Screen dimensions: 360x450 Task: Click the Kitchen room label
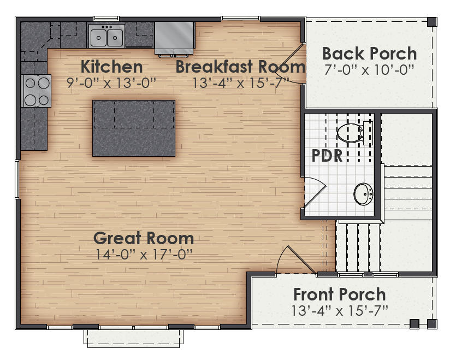click(x=111, y=67)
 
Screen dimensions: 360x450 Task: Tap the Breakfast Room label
click(x=240, y=67)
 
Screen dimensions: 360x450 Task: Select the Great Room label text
click(x=143, y=238)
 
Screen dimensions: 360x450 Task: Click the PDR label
click(x=327, y=156)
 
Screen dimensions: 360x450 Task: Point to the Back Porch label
click(x=369, y=54)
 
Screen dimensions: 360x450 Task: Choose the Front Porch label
click(x=339, y=294)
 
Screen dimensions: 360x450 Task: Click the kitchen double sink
click(x=106, y=37)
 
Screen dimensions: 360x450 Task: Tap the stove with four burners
click(x=36, y=91)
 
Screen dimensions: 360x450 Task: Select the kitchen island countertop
click(x=134, y=128)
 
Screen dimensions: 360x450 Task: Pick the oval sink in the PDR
click(x=363, y=194)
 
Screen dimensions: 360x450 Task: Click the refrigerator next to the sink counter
click(x=174, y=37)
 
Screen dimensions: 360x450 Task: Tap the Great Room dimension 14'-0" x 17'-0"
click(x=143, y=254)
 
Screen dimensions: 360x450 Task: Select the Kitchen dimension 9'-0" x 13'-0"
click(x=111, y=82)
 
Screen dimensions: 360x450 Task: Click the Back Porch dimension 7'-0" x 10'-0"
click(x=369, y=69)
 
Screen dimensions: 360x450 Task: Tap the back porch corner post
click(x=431, y=22)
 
